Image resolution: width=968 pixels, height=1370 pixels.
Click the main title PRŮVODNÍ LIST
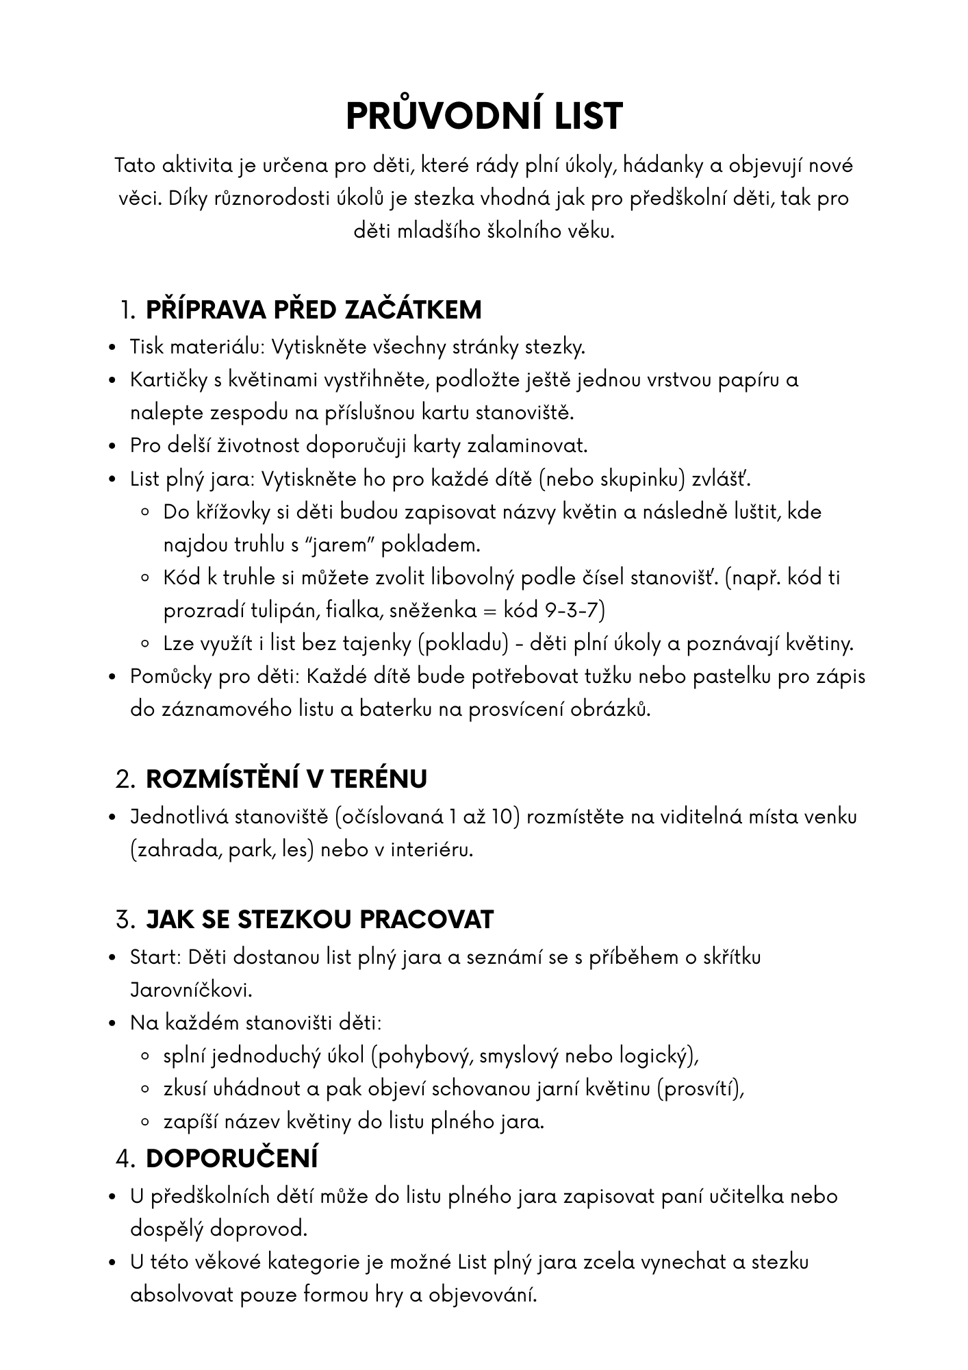(484, 116)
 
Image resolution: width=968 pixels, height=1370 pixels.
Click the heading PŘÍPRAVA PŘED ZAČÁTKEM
(314, 310)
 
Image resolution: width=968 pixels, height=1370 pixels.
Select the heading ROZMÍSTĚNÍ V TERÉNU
(286, 779)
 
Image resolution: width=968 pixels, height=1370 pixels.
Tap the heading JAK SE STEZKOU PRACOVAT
(320, 919)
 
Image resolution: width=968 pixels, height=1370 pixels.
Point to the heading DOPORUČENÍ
(232, 1158)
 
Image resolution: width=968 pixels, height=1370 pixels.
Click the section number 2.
(125, 780)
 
